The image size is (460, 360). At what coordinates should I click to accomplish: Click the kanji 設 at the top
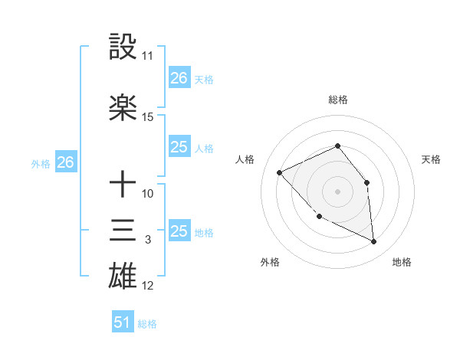123,47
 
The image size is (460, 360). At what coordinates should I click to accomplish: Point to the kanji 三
123,231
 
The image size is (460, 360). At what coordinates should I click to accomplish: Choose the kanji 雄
123,277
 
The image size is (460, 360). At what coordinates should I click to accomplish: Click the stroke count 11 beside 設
147,56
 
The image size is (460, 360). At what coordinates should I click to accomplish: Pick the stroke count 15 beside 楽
148,117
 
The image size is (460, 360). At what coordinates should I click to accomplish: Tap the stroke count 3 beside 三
147,240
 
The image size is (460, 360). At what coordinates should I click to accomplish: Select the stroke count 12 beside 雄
148,286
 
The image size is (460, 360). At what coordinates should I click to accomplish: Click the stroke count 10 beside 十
148,194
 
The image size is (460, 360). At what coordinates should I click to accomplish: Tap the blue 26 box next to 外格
65,162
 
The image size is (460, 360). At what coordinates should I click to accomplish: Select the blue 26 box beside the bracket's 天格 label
179,77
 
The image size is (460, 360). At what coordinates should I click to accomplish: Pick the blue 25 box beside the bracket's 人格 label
179,147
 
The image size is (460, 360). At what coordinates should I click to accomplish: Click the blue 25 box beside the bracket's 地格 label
179,231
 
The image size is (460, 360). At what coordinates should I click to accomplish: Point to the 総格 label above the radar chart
337,100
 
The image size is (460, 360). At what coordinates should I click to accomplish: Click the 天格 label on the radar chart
431,159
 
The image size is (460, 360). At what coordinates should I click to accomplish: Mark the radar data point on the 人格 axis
280,172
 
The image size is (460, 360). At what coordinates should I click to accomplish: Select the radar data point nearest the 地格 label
373,241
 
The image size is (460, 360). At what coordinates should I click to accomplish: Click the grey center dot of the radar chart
337,191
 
